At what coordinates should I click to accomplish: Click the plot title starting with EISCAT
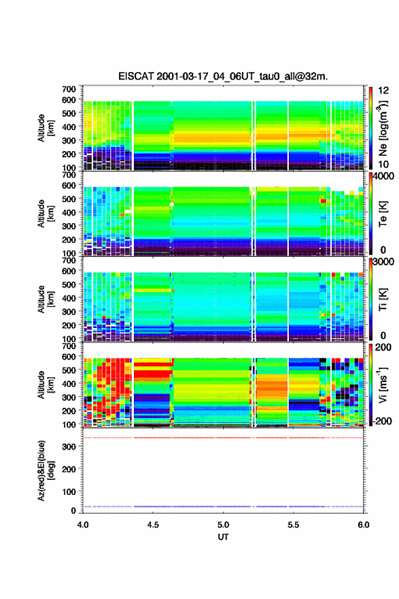pos(223,76)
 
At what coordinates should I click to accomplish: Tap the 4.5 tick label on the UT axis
pos(153,525)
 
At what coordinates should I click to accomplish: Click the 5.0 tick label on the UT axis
pos(223,525)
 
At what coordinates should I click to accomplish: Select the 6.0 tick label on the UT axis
pos(364,525)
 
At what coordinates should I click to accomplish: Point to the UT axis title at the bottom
pos(223,537)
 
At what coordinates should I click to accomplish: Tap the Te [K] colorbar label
pos(383,214)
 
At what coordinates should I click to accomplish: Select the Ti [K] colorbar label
pos(383,299)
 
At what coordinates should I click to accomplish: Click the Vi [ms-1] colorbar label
pos(383,385)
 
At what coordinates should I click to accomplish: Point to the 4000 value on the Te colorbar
pos(383,176)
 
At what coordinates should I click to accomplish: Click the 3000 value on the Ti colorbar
pos(383,262)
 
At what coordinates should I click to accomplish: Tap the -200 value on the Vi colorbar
pos(381,421)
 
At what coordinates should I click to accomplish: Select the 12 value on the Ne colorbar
pos(383,91)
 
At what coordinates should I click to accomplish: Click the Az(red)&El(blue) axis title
pos(46,470)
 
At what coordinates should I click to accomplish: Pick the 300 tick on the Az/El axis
pos(69,447)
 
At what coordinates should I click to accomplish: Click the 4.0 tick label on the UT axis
pos(83,525)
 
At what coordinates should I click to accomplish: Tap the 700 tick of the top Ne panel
pos(69,89)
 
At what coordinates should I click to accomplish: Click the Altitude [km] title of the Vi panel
pos(46,385)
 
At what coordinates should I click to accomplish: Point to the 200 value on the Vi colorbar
pos(383,347)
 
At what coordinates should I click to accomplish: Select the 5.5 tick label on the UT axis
pos(294,525)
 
